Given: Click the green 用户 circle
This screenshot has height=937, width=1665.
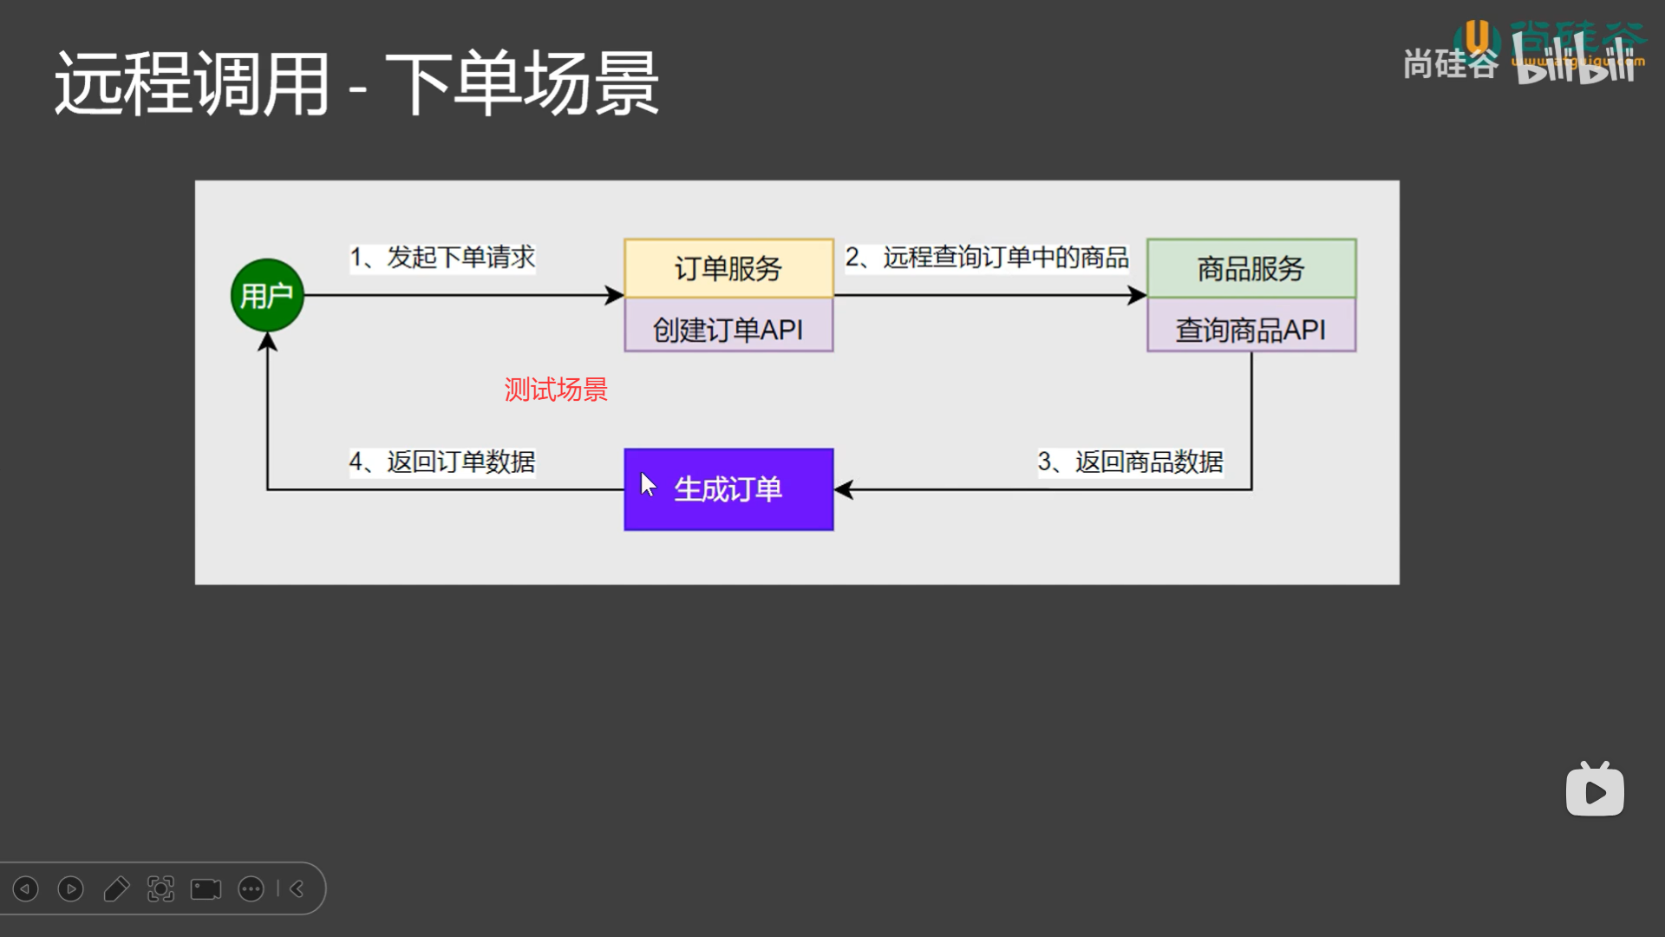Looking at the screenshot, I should point(267,295).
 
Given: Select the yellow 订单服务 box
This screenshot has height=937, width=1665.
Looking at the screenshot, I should point(728,269).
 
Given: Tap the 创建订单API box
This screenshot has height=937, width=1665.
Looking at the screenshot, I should point(728,329).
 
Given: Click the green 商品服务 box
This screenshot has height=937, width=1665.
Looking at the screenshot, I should point(1251,269).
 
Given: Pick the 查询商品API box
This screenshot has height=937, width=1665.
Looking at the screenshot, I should point(1251,329).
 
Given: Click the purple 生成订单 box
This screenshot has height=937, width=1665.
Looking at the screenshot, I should point(728,489).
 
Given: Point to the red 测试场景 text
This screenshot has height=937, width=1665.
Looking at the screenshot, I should point(556,390).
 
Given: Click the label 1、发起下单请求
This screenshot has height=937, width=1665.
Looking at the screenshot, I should point(442,257).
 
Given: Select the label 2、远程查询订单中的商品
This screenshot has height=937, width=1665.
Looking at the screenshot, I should point(987,257).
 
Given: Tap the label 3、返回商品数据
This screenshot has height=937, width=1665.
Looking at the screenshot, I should point(1130,462).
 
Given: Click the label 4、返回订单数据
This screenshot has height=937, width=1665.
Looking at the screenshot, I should point(442,462).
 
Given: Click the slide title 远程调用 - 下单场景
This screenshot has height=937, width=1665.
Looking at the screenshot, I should point(356,83).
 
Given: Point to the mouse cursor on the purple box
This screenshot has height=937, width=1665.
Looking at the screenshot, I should point(647,484).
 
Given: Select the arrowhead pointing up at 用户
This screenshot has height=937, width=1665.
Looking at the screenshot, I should point(267,342).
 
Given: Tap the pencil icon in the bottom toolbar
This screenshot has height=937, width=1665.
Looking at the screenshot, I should point(116,889).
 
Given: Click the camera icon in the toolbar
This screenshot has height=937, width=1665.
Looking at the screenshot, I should point(206,889).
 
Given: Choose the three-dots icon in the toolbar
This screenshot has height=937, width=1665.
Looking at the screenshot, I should point(251,889).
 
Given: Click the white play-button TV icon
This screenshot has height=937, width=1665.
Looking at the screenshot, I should point(1595,790).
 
